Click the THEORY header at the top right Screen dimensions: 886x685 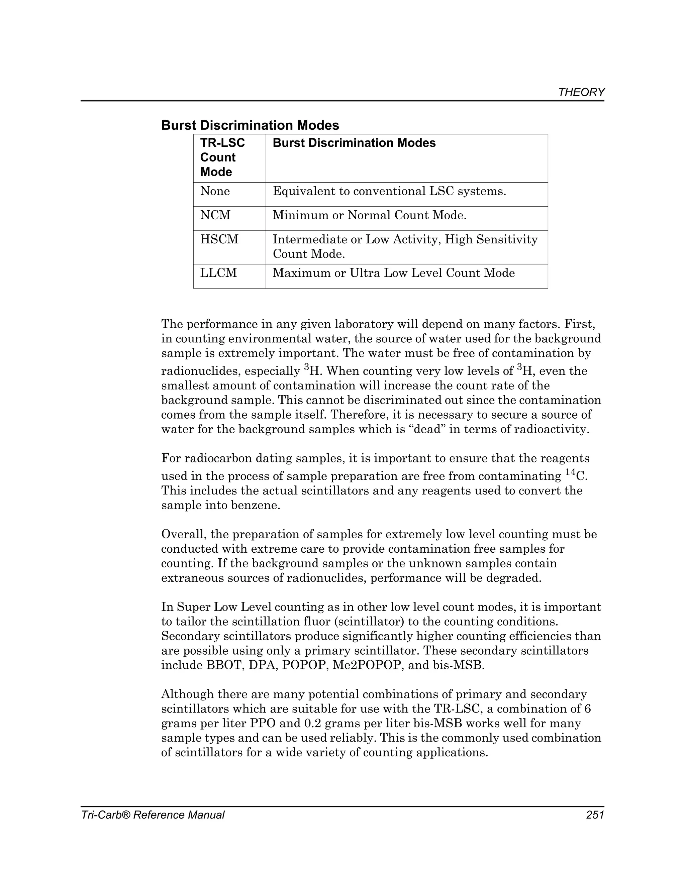pyautogui.click(x=581, y=93)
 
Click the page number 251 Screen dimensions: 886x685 pyautogui.click(x=595, y=815)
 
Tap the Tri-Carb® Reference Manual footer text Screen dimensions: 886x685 pyautogui.click(x=153, y=815)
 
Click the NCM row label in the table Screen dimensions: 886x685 pyautogui.click(x=215, y=215)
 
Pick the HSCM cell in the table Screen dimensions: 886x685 pyautogui.click(x=219, y=239)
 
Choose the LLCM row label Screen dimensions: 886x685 pyautogui.click(x=218, y=272)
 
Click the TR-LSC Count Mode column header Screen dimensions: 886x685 pyautogui.click(x=222, y=157)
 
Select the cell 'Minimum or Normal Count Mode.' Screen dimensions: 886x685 pyautogui.click(x=369, y=215)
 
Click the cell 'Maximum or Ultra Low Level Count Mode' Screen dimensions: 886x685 pyautogui.click(x=394, y=272)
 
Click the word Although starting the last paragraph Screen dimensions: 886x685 pyautogui.click(x=187, y=694)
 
